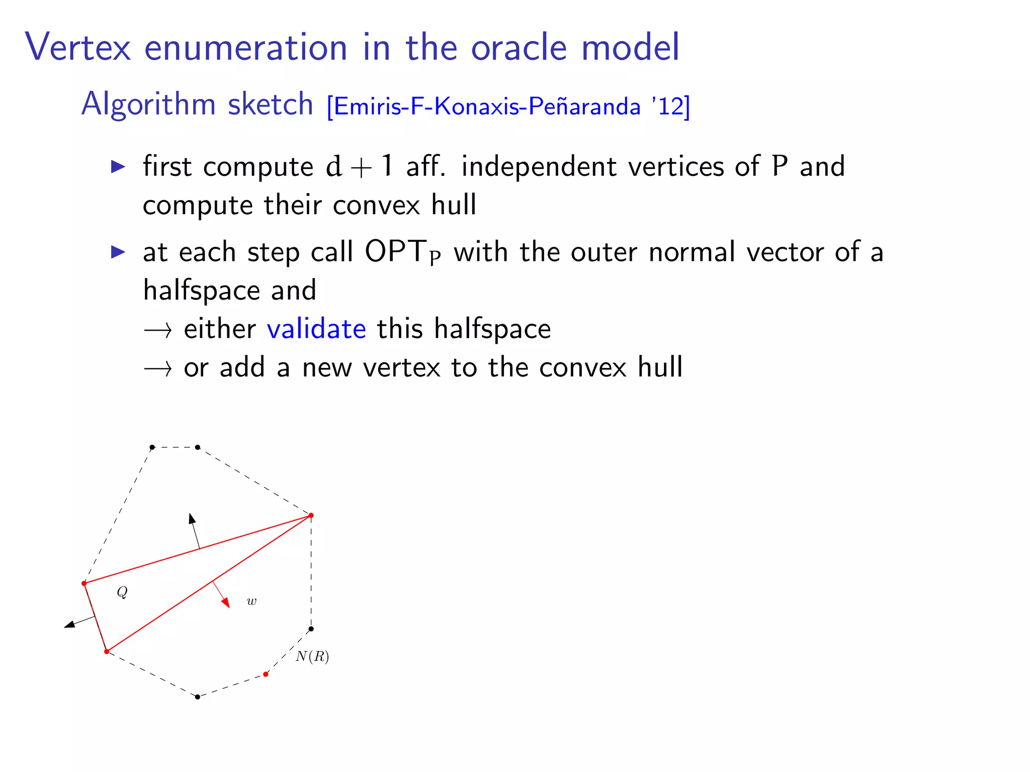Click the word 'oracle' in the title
519,47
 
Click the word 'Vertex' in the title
78,47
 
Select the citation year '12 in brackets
668,106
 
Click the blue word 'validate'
316,329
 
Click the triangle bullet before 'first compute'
118,166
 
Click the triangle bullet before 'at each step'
118,252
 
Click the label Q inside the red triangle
122,592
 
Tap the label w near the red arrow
251,601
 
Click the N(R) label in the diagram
312,656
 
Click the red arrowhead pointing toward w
226,602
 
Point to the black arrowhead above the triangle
192,519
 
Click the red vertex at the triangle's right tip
311,515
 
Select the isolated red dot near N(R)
266,674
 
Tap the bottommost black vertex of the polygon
198,697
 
